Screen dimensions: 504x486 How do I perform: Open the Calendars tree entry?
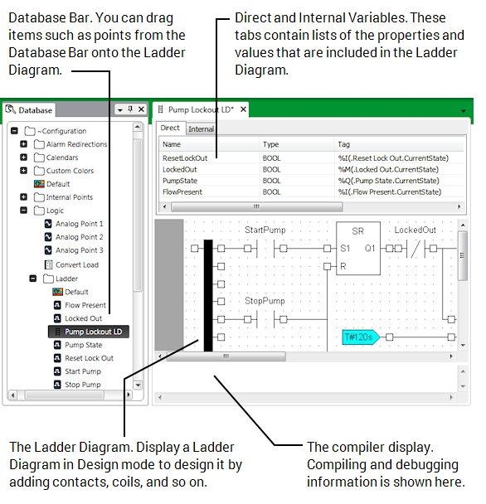[x=62, y=157]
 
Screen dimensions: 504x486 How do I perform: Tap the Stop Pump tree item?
[x=83, y=385]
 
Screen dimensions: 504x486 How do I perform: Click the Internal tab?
[x=201, y=128]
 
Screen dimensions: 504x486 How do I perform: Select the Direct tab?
[x=170, y=128]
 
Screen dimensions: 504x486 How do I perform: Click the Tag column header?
[x=343, y=144]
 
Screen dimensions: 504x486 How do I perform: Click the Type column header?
[x=271, y=144]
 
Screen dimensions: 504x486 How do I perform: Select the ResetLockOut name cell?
[x=184, y=157]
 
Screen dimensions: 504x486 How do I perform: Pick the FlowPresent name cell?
[x=182, y=191]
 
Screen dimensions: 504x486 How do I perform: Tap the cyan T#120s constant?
[x=360, y=337]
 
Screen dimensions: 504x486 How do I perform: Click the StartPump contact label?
[x=265, y=229]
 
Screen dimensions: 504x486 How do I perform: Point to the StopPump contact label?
[x=265, y=300]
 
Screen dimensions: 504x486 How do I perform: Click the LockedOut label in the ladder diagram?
[x=415, y=230]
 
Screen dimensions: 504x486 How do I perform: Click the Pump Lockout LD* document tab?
[x=201, y=109]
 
